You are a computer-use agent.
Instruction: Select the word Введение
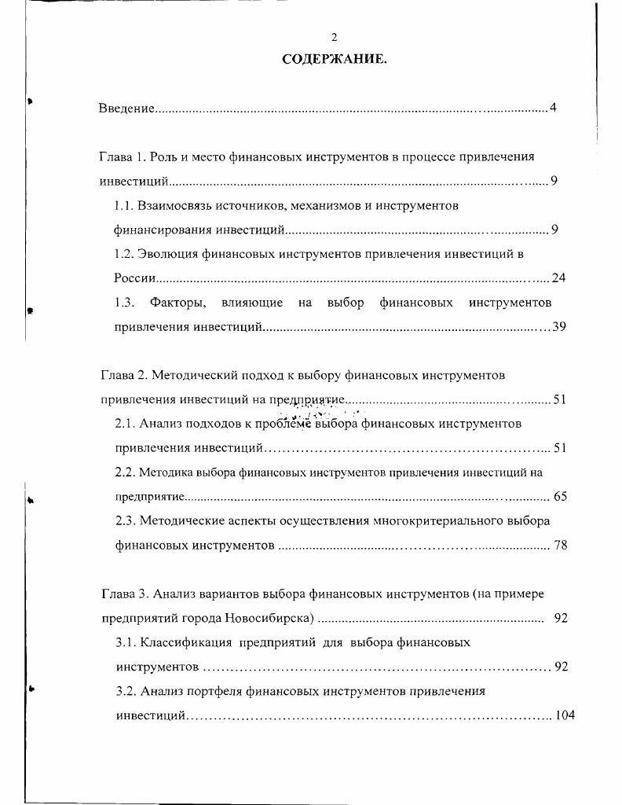click(x=126, y=108)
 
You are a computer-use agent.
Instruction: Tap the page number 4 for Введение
click(x=553, y=108)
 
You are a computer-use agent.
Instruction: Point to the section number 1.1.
click(x=124, y=205)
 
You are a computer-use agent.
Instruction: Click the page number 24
click(x=558, y=278)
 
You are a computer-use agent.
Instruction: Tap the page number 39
click(x=558, y=327)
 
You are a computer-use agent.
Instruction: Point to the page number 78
click(x=560, y=545)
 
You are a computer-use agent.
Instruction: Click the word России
click(x=134, y=278)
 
